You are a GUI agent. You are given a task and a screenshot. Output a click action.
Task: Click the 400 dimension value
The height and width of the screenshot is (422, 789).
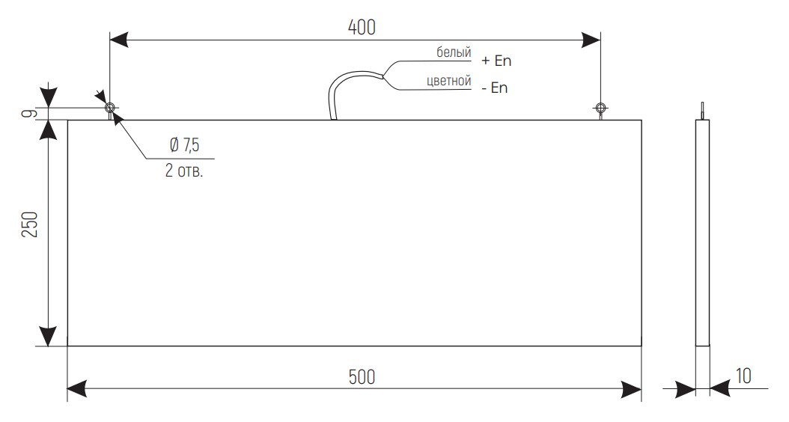pyautogui.click(x=362, y=27)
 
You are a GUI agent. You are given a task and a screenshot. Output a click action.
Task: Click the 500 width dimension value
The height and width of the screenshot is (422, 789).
pyautogui.click(x=362, y=376)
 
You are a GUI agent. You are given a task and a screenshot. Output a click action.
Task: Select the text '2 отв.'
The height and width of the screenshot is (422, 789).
pyautogui.click(x=184, y=171)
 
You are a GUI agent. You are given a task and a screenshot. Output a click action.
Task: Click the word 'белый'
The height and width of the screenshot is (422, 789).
pyautogui.click(x=454, y=53)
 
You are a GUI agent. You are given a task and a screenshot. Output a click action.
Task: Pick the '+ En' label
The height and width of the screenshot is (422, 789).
pyautogui.click(x=497, y=61)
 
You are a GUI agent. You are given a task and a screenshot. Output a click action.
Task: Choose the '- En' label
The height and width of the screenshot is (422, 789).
pyautogui.click(x=495, y=88)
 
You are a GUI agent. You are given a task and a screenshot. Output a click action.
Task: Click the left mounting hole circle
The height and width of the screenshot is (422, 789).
pyautogui.click(x=110, y=106)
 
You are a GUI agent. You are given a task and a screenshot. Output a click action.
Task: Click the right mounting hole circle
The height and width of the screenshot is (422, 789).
pyautogui.click(x=600, y=107)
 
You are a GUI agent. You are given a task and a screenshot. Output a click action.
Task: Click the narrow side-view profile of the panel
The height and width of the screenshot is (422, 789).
pyautogui.click(x=702, y=232)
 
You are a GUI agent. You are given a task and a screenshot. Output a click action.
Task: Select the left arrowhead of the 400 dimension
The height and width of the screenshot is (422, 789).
pyautogui.click(x=120, y=39)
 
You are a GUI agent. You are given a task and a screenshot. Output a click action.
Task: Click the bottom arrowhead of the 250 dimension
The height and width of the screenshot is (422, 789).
pyautogui.click(x=49, y=337)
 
